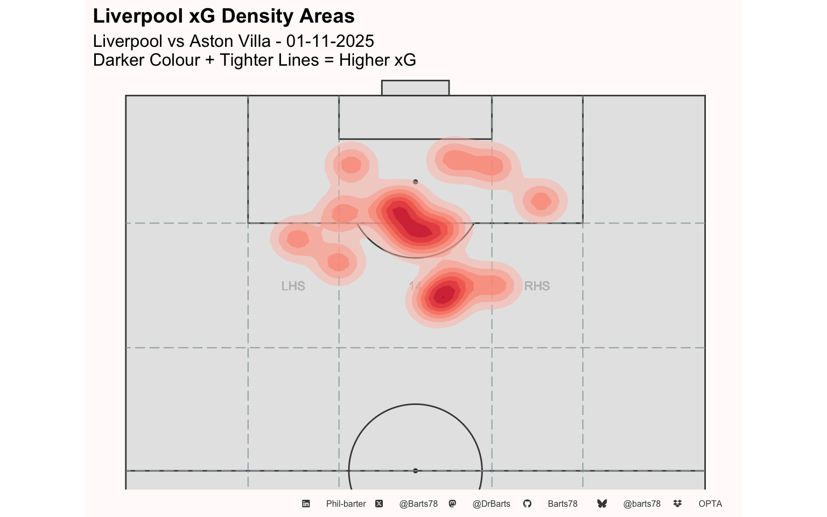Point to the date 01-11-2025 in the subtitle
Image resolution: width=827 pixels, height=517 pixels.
click(x=330, y=41)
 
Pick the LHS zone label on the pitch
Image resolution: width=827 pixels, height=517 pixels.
click(x=293, y=286)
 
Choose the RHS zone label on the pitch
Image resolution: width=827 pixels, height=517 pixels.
click(x=537, y=286)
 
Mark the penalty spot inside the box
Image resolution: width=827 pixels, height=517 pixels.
click(x=415, y=182)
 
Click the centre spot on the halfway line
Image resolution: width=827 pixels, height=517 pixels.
click(x=415, y=471)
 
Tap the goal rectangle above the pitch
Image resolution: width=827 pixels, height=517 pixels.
click(x=415, y=88)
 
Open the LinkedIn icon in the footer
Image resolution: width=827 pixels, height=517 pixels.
click(x=306, y=504)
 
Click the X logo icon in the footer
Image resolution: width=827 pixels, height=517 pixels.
click(x=379, y=504)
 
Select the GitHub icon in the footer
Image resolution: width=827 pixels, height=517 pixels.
click(x=527, y=504)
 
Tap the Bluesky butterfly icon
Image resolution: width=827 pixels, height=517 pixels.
click(x=602, y=504)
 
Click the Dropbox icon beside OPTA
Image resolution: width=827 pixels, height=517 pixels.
click(x=677, y=504)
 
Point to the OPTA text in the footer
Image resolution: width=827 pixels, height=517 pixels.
click(x=710, y=504)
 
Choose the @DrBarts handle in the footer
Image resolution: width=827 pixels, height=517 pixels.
click(x=491, y=504)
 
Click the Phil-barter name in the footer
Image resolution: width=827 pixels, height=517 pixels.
click(x=346, y=504)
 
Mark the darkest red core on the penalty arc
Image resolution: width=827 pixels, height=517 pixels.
click(x=412, y=223)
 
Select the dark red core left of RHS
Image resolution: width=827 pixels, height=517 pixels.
click(x=443, y=295)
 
